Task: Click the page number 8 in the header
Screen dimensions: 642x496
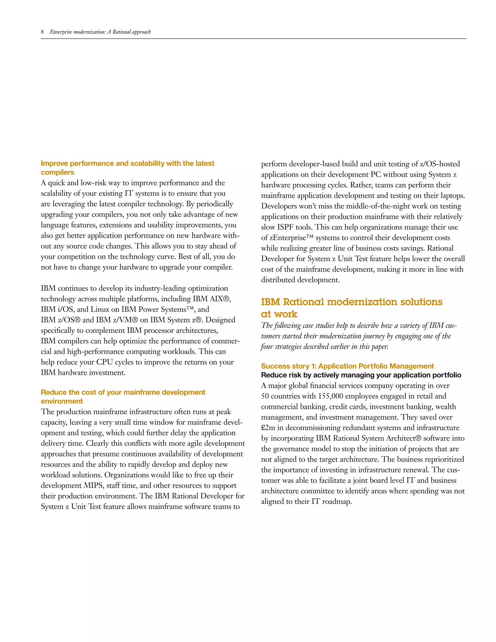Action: [42, 32]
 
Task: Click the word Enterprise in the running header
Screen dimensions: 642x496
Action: [61, 32]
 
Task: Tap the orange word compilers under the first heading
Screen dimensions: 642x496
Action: [57, 172]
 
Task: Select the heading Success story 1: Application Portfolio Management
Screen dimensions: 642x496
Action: [347, 366]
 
